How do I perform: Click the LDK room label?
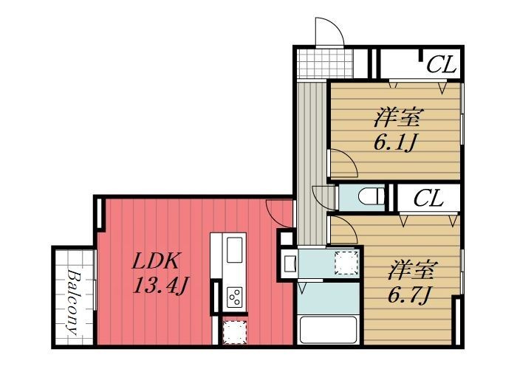coord(156,261)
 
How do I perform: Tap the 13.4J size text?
coord(160,286)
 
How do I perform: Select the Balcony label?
coord(74,302)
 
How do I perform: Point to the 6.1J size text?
coord(394,142)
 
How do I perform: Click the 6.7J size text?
coord(409,294)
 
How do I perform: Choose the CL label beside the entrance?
coord(441,65)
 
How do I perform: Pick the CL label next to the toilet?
coord(428,199)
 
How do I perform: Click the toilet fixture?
coord(372,197)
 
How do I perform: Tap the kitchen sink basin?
coord(234,250)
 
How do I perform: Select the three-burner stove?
coord(234,297)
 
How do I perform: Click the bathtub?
coord(329,330)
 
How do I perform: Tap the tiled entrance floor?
coord(324,63)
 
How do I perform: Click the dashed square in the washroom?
coord(346,263)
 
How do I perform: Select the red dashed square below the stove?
coord(234,332)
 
